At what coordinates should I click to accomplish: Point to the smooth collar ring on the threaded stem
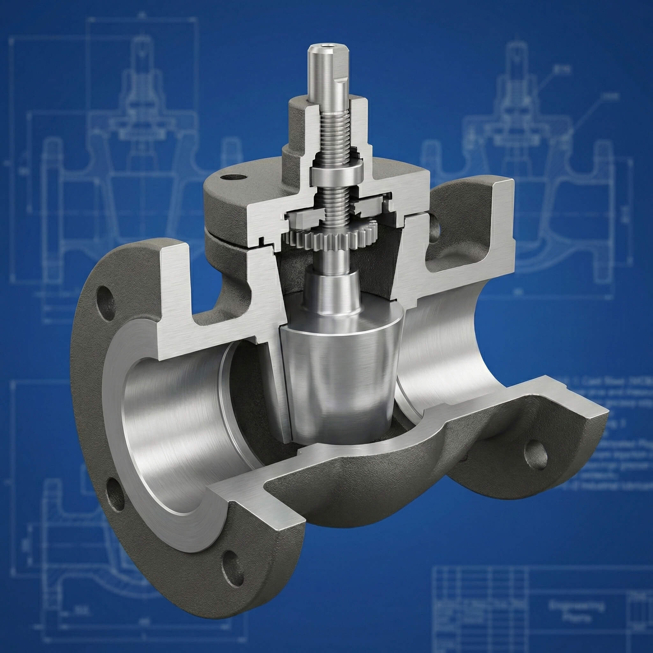click(337, 172)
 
